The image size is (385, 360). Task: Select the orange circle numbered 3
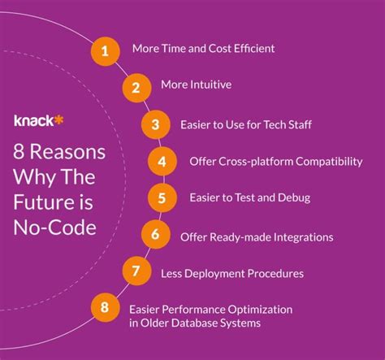[x=155, y=125]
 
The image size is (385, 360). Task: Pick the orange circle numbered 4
[x=162, y=161]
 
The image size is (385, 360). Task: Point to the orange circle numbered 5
[x=162, y=197]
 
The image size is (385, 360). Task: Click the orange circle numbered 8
[x=104, y=309]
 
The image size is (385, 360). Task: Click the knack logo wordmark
[x=33, y=119]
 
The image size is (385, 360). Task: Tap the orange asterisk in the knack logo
[x=59, y=119]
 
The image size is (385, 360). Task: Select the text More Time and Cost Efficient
[x=204, y=49]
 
